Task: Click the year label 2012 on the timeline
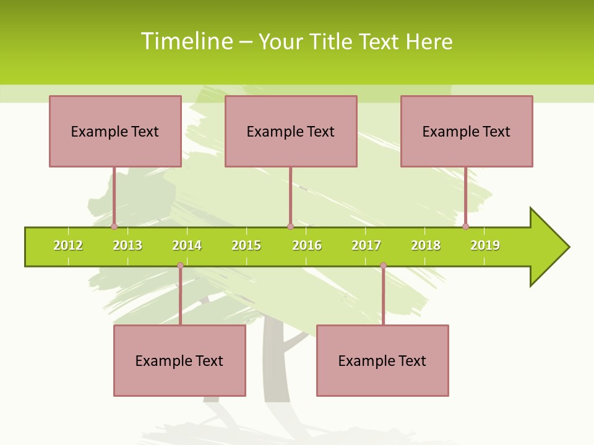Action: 68,245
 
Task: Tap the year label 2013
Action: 127,245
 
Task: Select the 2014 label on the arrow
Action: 187,245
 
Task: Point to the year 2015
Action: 246,245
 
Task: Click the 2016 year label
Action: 307,245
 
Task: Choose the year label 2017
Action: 366,245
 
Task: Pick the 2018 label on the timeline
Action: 426,245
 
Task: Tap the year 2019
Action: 485,245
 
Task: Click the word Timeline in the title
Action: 186,41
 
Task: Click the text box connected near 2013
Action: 115,131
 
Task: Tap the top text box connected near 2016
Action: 291,131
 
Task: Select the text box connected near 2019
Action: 467,131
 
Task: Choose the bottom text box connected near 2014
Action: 179,360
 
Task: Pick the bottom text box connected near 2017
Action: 382,360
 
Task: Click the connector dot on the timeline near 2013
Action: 114,226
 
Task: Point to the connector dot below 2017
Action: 383,266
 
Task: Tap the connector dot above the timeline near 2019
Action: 465,226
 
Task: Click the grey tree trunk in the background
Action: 275,365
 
